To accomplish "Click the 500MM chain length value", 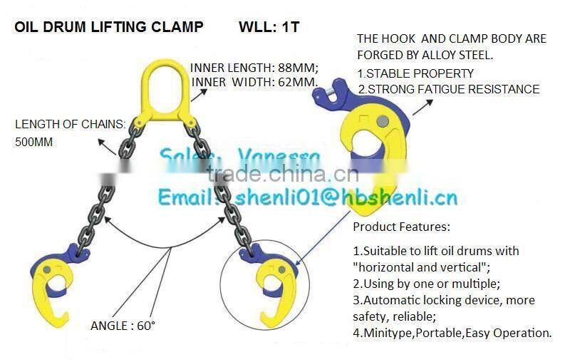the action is (34, 142).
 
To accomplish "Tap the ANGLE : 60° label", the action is (123, 326).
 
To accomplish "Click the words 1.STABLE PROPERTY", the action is (415, 73).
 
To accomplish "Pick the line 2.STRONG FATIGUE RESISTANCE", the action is (448, 89).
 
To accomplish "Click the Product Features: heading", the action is (401, 227).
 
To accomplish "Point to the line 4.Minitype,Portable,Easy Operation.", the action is (452, 332).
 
